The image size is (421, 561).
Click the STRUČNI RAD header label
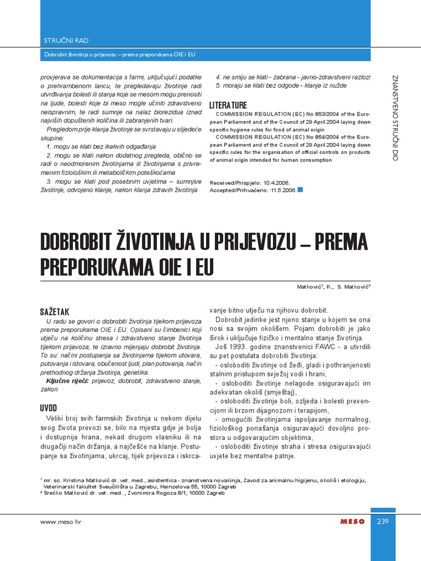[66, 41]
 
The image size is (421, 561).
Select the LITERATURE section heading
[228, 105]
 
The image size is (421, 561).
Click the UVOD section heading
[48, 408]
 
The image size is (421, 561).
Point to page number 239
[383, 522]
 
